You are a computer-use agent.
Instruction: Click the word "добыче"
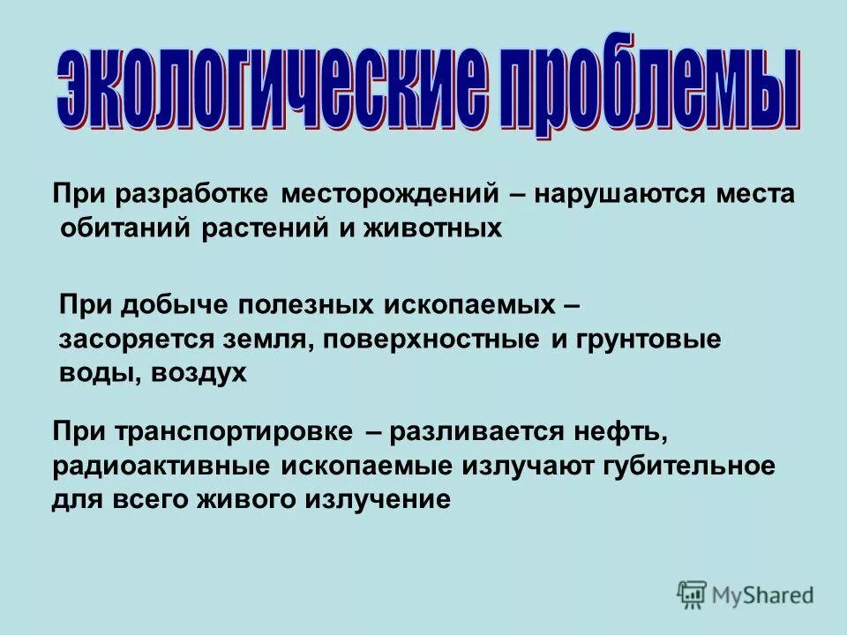(x=173, y=305)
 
